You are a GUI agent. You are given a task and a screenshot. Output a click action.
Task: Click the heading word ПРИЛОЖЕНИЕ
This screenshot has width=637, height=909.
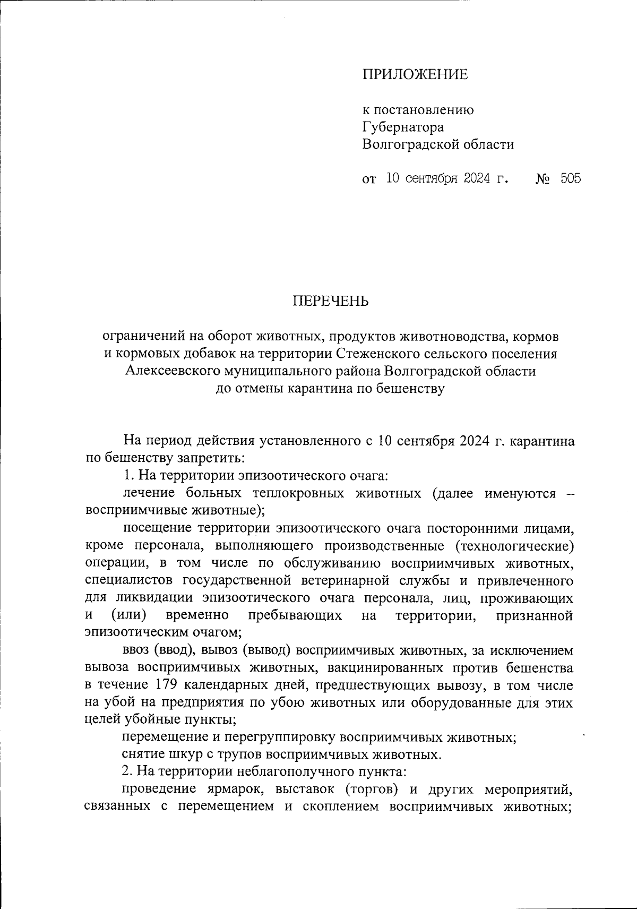point(415,74)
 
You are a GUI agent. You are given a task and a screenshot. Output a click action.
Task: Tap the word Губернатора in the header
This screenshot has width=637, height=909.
point(403,127)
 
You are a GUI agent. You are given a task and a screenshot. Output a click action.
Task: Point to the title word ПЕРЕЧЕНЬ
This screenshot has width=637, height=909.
point(330,302)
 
